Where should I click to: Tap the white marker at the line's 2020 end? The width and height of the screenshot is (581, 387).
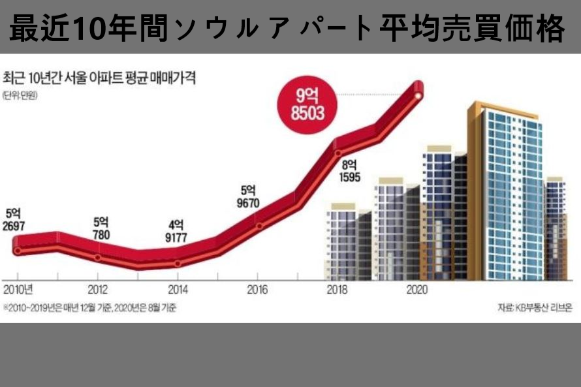pos(418,97)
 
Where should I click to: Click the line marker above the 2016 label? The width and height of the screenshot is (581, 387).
pos(259,226)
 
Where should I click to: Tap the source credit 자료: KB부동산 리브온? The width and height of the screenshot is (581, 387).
pos(535,307)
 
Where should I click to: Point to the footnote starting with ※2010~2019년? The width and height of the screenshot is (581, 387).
pos(89,307)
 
